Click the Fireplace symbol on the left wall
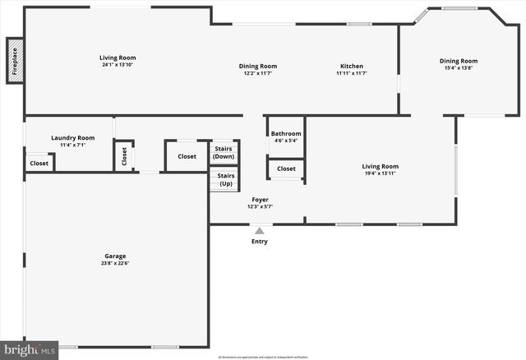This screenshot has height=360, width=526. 15,61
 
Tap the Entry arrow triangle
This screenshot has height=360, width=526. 260,231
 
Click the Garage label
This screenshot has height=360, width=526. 115,256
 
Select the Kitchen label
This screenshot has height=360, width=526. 352,66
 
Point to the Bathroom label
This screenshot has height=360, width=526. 286,133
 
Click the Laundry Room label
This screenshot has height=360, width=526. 72,138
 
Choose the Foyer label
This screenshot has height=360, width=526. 260,200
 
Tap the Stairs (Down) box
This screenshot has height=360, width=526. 224,152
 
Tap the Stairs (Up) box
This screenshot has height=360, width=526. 224,179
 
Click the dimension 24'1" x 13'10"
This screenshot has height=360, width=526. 117,65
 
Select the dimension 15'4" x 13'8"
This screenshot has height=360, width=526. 458,67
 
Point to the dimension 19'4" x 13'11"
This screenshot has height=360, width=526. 380,173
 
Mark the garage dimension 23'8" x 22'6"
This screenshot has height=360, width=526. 115,263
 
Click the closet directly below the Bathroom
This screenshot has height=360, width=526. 286,168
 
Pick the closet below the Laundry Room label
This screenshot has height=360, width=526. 39,163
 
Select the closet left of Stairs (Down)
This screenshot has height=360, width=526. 187,156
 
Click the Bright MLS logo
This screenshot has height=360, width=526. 30,350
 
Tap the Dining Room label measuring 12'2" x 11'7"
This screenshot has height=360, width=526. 258,66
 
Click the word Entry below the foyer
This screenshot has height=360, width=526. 260,242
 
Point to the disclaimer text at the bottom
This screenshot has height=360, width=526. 263,357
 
